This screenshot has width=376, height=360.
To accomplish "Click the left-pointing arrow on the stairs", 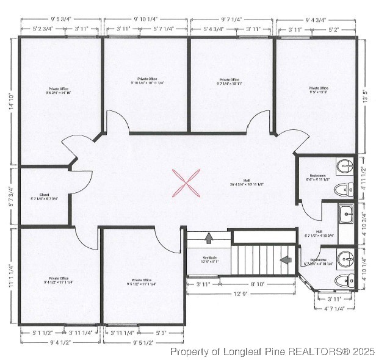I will point(285,260).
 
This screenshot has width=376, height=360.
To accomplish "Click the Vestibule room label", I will point(209,258).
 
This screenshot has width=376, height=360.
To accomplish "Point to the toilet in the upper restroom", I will point(346,190).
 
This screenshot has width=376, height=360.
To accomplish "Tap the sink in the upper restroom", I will point(346,165).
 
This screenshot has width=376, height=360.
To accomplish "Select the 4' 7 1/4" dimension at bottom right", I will point(334,309).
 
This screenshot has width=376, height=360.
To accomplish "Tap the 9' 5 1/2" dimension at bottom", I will point(143,343).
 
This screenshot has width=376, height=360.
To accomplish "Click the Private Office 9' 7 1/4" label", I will point(229,81).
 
